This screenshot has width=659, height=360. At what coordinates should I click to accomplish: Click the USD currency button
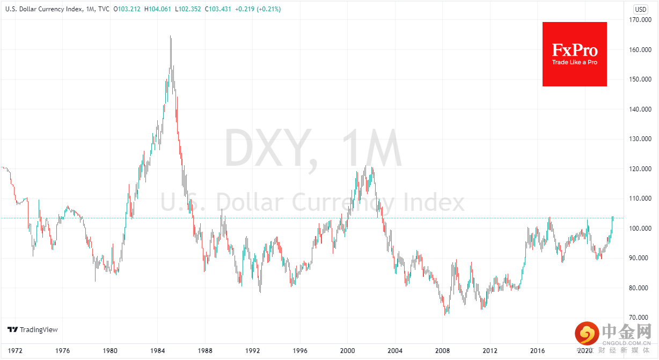[641, 9]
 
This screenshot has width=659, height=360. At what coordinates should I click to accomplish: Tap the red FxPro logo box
[574, 54]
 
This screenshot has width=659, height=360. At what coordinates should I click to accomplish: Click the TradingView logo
[32, 329]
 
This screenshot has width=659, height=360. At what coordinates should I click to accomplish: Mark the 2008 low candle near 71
[445, 313]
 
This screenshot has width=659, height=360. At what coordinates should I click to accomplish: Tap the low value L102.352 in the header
[194, 9]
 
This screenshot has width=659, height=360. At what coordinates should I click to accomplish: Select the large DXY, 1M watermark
[313, 150]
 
